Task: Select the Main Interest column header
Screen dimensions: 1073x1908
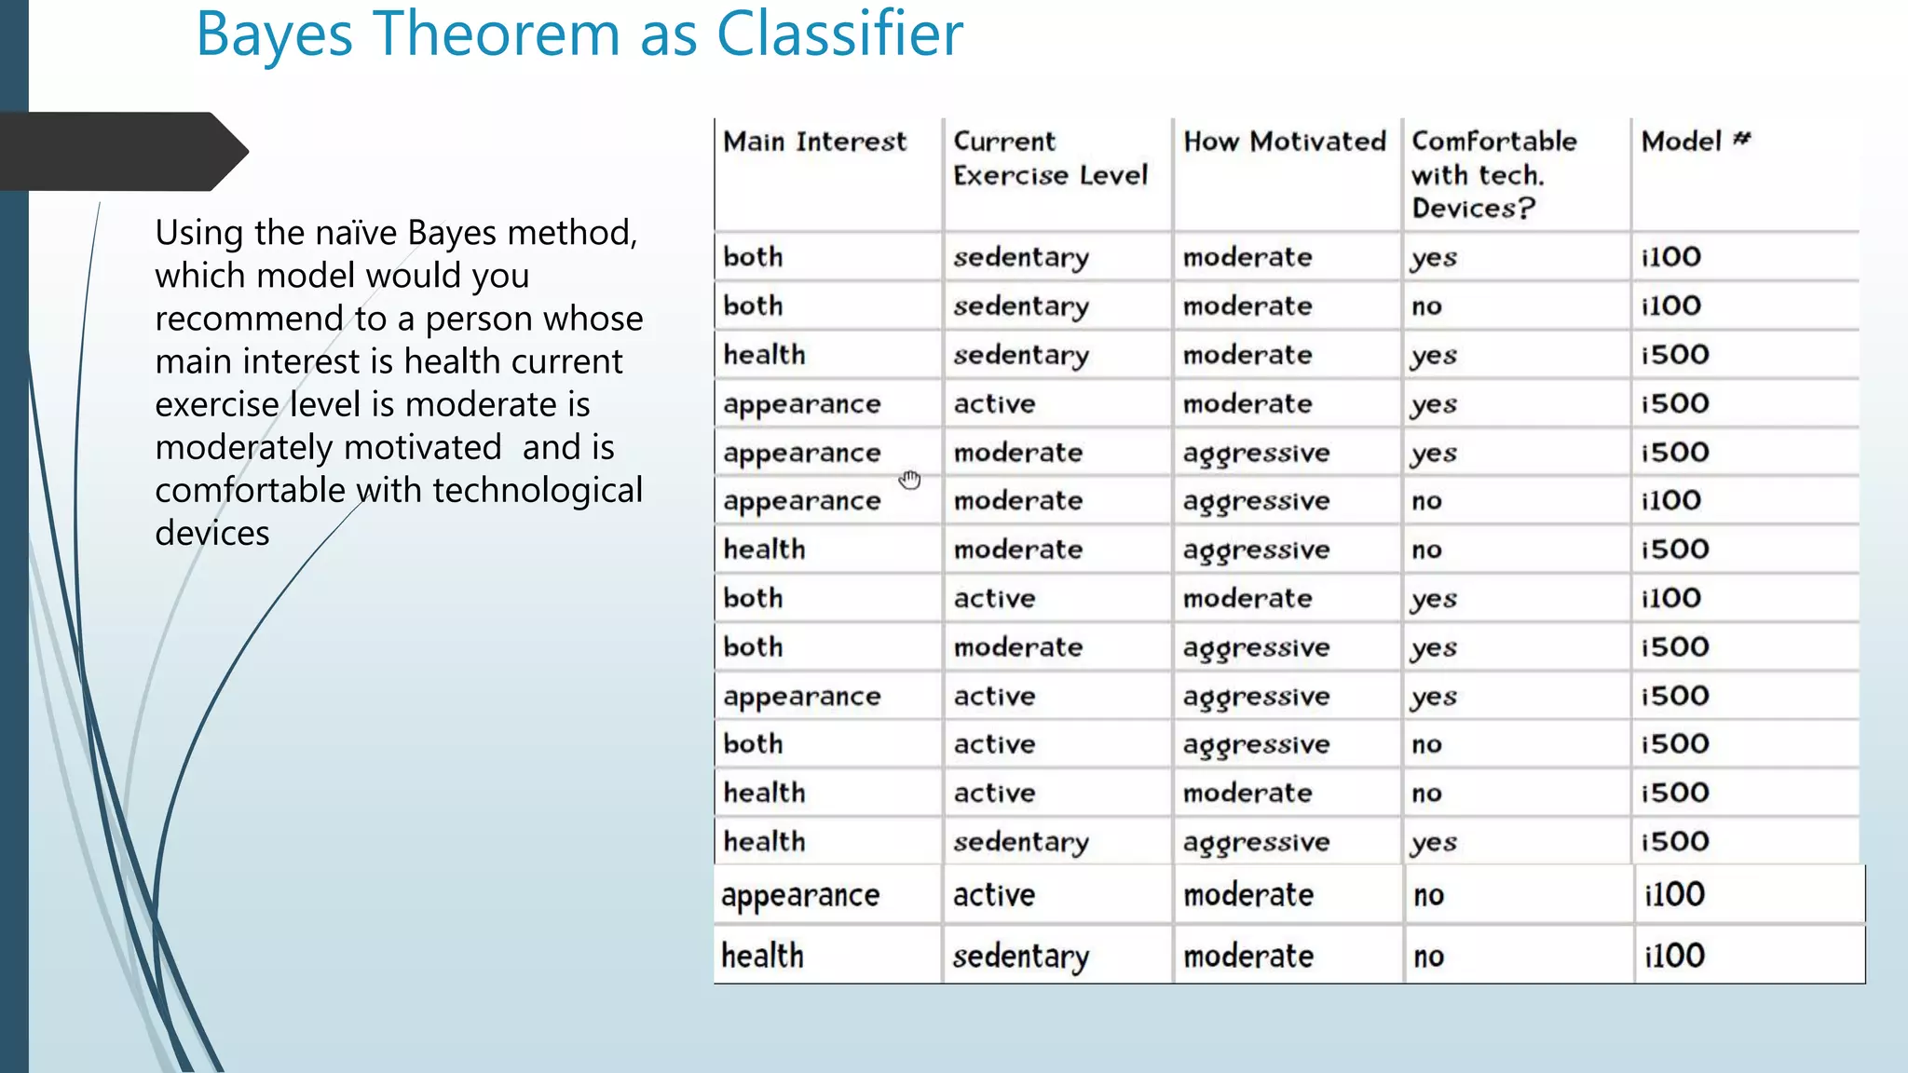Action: click(x=814, y=142)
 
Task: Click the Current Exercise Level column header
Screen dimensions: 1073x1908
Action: click(x=1050, y=158)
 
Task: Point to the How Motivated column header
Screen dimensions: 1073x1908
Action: click(x=1285, y=142)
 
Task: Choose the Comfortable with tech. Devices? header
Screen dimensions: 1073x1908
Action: click(x=1493, y=174)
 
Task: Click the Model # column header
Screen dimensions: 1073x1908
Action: click(x=1696, y=142)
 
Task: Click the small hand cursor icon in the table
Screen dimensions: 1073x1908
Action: click(x=910, y=480)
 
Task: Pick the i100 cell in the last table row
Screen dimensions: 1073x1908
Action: click(x=1674, y=956)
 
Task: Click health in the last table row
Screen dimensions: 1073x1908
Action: click(x=762, y=956)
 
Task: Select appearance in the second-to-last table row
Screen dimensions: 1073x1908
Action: click(x=800, y=896)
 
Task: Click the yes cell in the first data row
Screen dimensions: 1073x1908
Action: click(x=1434, y=258)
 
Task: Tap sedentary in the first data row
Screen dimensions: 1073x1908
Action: click(x=1021, y=258)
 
